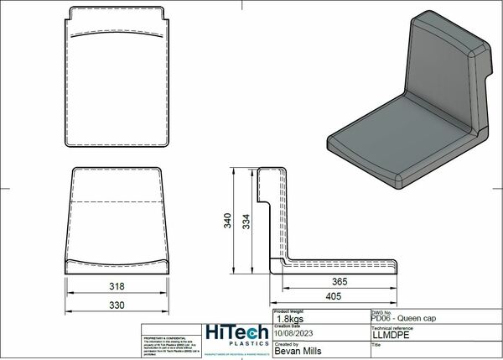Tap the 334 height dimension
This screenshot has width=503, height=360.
[245, 221]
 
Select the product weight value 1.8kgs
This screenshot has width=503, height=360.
[290, 318]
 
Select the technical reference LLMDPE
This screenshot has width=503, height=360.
[391, 335]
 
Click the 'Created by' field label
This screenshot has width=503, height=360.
[286, 343]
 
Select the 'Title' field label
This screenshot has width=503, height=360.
[375, 343]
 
